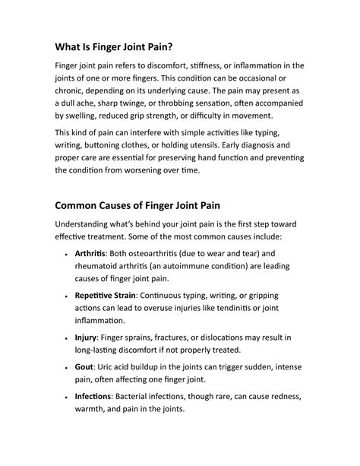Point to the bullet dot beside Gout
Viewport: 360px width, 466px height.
68,367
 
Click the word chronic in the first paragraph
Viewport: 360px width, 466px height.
74,95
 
